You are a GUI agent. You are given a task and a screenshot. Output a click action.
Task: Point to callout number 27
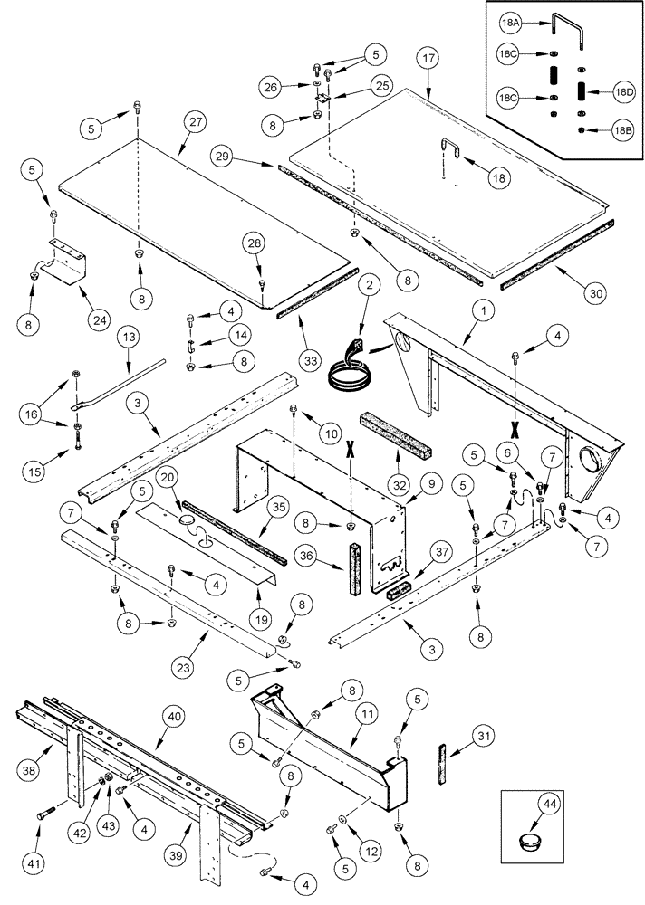(x=193, y=124)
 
